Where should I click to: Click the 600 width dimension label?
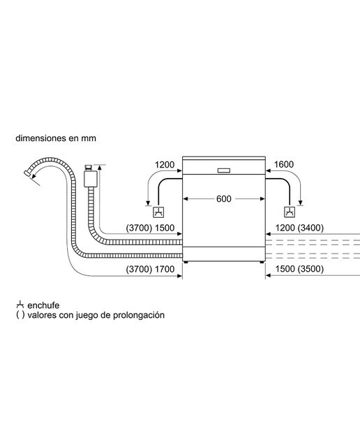click(223, 198)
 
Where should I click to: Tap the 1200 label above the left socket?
click(165, 165)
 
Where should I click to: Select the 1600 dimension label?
click(284, 165)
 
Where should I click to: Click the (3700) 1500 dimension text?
click(150, 228)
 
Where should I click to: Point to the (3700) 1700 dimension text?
click(150, 269)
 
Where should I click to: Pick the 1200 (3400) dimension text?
click(299, 228)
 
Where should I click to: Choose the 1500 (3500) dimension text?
click(299, 269)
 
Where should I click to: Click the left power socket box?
click(158, 212)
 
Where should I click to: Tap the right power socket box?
click(290, 212)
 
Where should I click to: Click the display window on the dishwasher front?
click(223, 170)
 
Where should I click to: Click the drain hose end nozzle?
click(27, 173)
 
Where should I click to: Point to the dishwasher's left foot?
click(186, 262)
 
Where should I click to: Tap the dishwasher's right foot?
click(262, 262)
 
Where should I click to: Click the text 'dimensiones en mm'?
click(56, 138)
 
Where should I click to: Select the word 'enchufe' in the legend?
click(43, 305)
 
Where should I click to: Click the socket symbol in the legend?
click(20, 305)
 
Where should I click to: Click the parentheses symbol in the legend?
click(20, 315)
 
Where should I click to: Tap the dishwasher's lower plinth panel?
click(223, 254)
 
